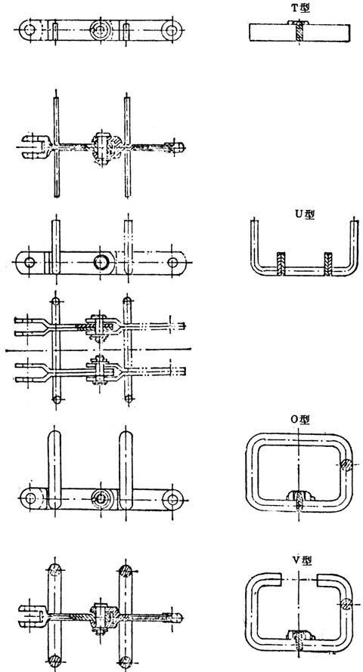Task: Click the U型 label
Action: (305, 214)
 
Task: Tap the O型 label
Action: (300, 420)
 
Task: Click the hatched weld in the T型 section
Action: (299, 32)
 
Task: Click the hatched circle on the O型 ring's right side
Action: (346, 465)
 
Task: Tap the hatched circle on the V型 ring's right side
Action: (346, 604)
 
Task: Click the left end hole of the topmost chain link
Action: (29, 30)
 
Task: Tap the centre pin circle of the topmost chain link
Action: (101, 30)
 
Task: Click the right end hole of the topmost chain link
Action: (172, 30)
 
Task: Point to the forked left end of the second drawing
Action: (33, 146)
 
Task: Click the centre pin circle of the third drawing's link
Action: (101, 262)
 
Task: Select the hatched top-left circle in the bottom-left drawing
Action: (55, 570)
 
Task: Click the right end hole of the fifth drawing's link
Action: (172, 499)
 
